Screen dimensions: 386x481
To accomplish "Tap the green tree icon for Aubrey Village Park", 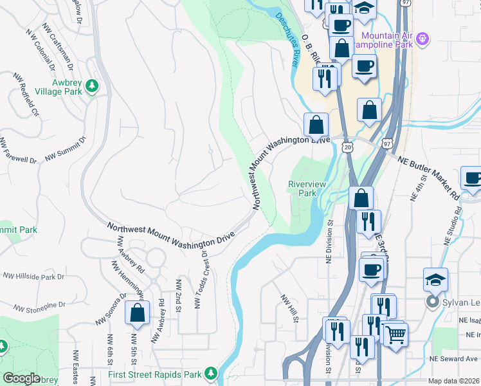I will [x=92, y=85].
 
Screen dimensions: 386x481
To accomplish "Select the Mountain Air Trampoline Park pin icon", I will [x=422, y=38].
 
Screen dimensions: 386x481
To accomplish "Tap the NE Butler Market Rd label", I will [x=430, y=178].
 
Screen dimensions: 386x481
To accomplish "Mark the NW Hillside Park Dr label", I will [x=33, y=276].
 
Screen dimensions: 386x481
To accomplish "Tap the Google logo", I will [x=21, y=378].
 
